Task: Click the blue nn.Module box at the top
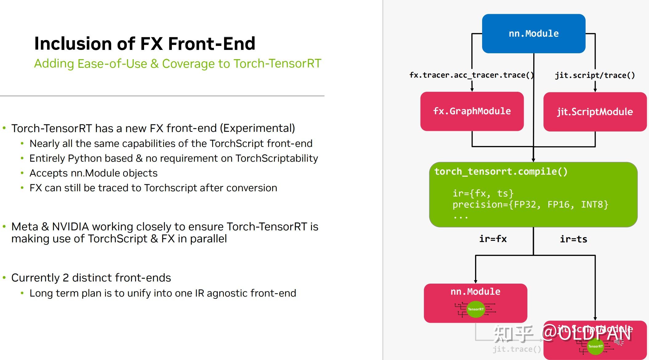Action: (x=534, y=33)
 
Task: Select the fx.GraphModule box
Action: (x=472, y=111)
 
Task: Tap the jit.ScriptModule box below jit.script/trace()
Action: (x=595, y=111)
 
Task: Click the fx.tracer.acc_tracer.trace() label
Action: (x=471, y=75)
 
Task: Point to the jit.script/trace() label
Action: (x=595, y=75)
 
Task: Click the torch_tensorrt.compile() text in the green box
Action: (x=501, y=172)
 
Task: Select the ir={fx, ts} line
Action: (x=483, y=193)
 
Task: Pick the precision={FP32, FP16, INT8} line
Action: (x=530, y=204)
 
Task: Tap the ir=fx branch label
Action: (x=493, y=239)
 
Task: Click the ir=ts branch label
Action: (x=573, y=239)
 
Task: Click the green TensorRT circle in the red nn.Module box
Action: (x=476, y=309)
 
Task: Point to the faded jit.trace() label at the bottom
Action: (x=517, y=349)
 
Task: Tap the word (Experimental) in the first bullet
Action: (x=257, y=128)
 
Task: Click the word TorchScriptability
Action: (x=276, y=158)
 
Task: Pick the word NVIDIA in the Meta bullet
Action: (x=71, y=227)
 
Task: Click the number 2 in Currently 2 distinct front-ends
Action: (x=66, y=278)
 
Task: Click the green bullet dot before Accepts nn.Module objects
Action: (x=22, y=173)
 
